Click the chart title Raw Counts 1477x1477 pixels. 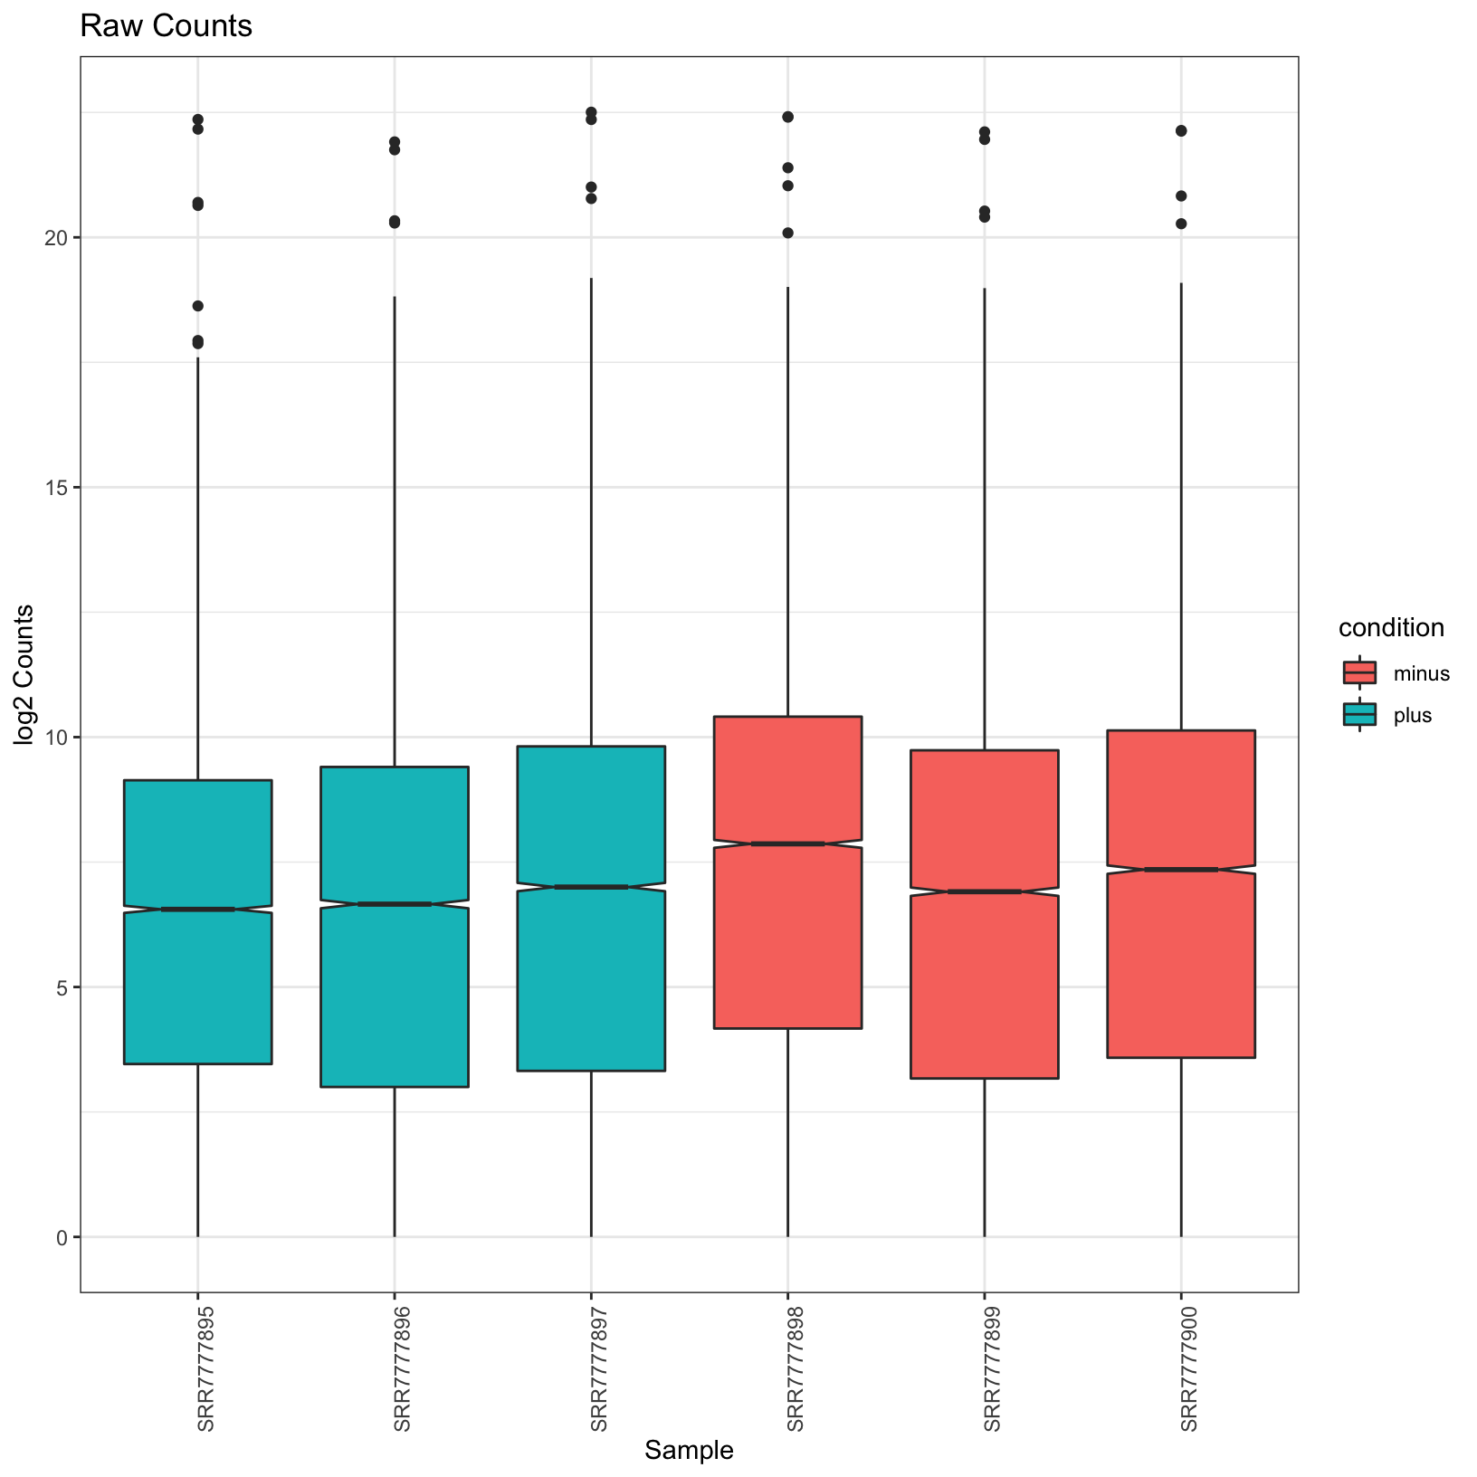tap(166, 27)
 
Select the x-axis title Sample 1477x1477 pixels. tap(689, 1450)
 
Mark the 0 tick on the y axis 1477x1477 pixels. tap(63, 1237)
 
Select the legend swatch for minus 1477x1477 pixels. tap(1359, 672)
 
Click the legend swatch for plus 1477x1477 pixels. tap(1359, 715)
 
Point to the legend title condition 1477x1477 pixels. tap(1391, 627)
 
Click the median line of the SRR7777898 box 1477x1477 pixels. tap(787, 843)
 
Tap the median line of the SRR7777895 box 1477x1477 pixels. tap(198, 909)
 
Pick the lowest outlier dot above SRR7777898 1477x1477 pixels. tap(787, 233)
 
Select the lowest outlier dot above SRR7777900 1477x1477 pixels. tap(1181, 224)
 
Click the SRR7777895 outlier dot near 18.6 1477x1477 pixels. tap(198, 306)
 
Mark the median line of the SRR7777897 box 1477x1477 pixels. tap(591, 887)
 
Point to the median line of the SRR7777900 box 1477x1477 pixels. tap(1181, 870)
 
